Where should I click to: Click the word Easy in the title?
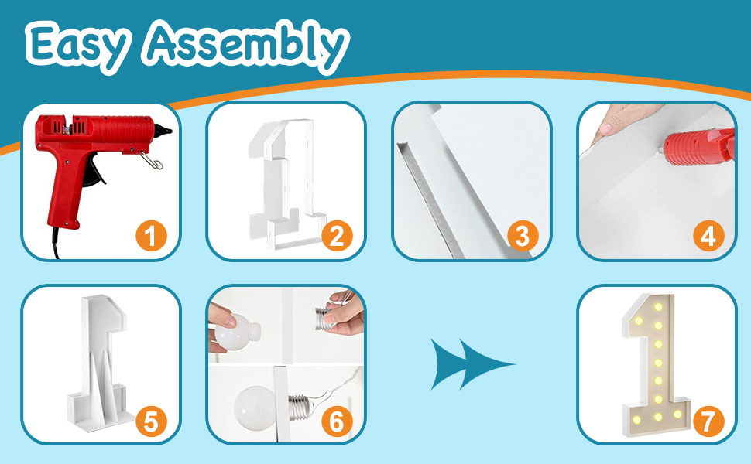tap(77, 46)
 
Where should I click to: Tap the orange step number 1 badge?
tap(151, 237)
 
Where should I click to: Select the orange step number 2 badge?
tap(337, 237)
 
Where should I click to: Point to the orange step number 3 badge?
tap(523, 237)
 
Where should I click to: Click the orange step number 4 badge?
tap(708, 237)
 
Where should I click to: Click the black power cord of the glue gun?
tap(56, 243)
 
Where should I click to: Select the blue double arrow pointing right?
tap(472, 364)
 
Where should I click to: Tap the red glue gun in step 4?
tap(699, 146)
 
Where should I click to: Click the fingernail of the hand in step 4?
tap(605, 128)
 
